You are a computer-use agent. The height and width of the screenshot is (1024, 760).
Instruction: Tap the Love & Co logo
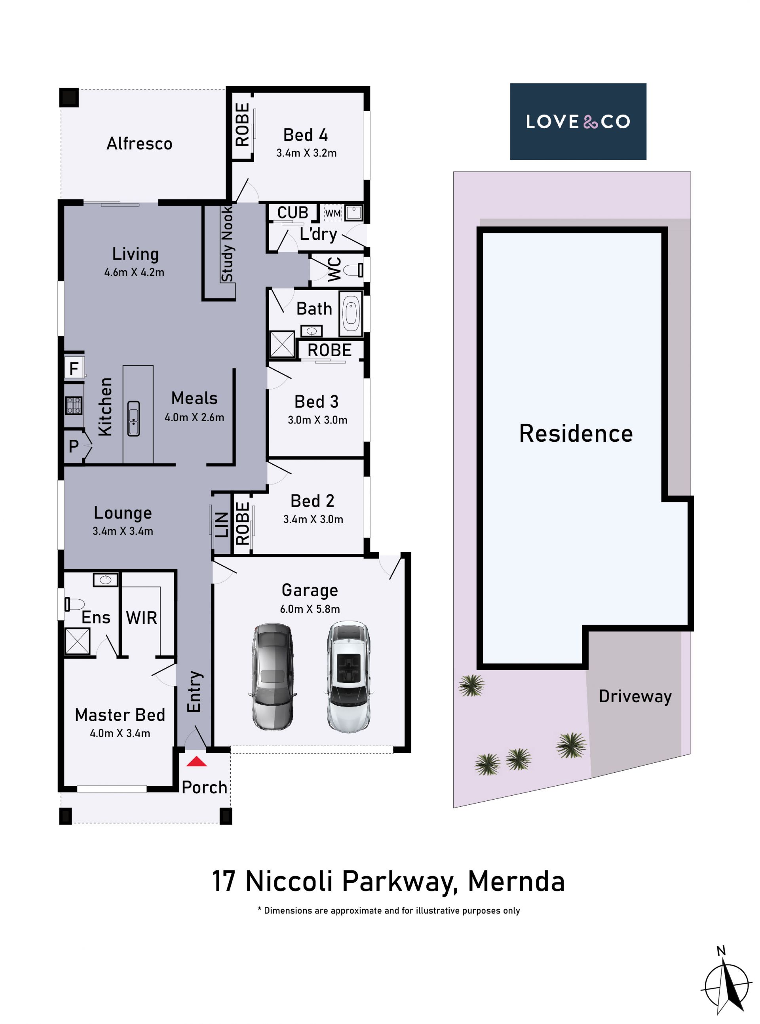[578, 122]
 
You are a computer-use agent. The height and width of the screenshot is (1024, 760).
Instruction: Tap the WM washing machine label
[332, 213]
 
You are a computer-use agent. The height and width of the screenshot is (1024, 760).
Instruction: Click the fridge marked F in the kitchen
[74, 368]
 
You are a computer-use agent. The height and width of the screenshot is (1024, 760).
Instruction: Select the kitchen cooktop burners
[74, 405]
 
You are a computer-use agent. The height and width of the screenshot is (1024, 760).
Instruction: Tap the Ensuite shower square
[77, 641]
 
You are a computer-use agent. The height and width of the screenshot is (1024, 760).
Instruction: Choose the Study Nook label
[227, 244]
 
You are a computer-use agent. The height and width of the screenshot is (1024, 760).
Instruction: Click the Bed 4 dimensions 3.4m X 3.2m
[306, 153]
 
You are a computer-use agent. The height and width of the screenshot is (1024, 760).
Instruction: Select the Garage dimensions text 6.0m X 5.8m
[310, 609]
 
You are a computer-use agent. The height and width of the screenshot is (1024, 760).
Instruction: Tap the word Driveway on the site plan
[635, 696]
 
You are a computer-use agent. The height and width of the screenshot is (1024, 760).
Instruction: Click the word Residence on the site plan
[576, 433]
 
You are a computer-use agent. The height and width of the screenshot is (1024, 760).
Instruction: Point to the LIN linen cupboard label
[222, 525]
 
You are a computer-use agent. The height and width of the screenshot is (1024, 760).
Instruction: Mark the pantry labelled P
[74, 446]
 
